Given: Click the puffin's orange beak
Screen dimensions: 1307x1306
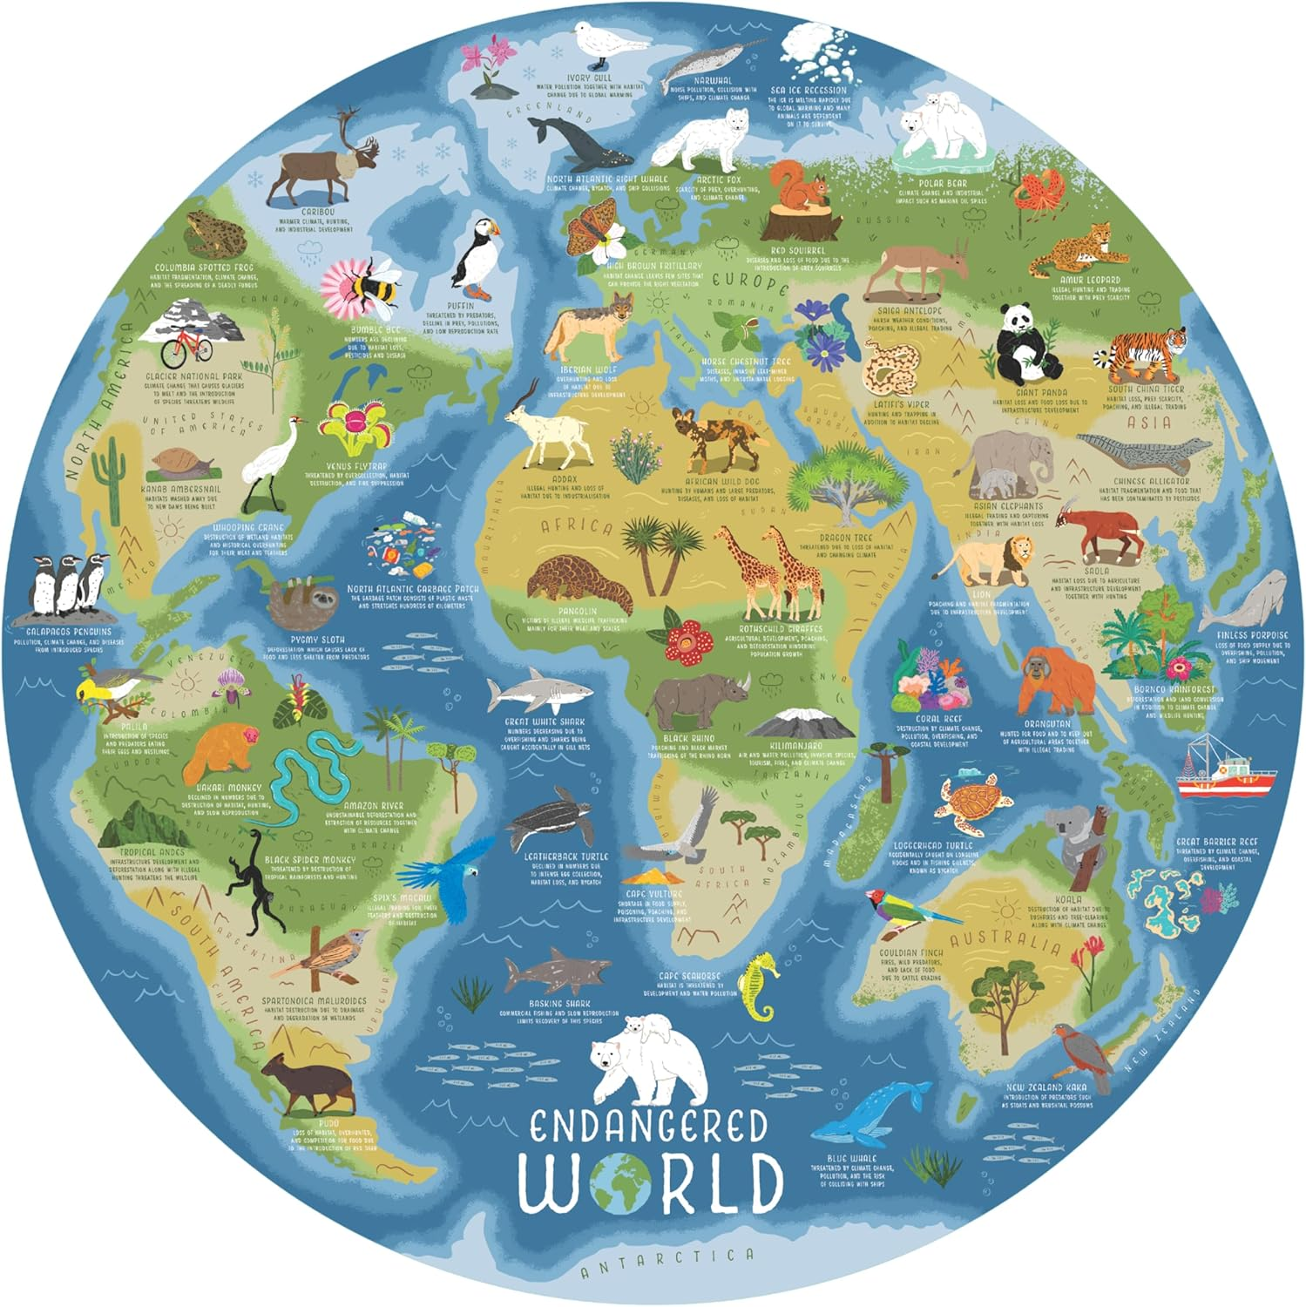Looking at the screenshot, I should (x=494, y=230).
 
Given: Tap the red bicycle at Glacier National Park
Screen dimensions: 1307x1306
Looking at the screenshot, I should (x=186, y=349).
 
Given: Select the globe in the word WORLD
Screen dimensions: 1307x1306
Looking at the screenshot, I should (x=620, y=1183).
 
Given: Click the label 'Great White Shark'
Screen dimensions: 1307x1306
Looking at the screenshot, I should (x=545, y=721).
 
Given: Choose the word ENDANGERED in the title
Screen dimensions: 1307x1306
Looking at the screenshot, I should (x=649, y=1126).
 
